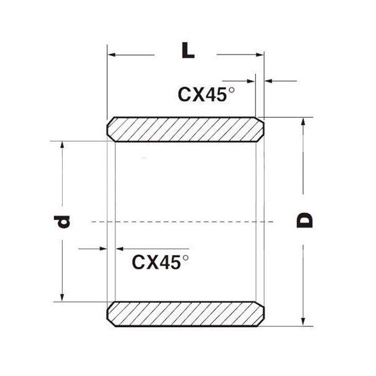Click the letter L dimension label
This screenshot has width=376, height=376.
coord(188,50)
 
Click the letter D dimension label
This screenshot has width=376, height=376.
coord(305,220)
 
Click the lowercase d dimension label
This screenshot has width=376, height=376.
coord(61,222)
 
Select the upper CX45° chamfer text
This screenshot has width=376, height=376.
coord(206,95)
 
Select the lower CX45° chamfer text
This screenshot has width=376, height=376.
coord(160,262)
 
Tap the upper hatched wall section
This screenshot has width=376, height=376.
coord(185,130)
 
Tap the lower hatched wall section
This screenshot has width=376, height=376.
coord(185,314)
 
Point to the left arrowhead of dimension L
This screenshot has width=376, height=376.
coord(112,55)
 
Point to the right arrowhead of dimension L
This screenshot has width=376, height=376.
coord(259,55)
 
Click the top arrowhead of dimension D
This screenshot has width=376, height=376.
coord(303,122)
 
